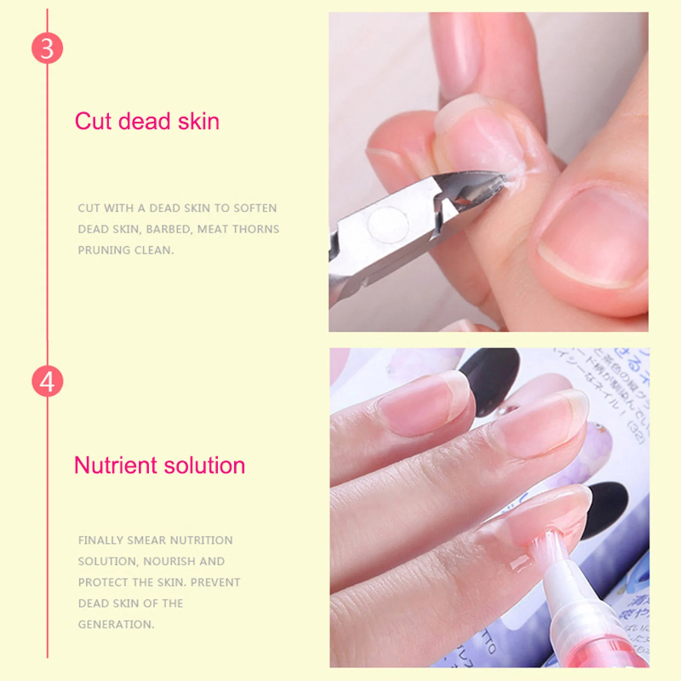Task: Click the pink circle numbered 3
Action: point(47,48)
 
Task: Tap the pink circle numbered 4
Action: point(47,381)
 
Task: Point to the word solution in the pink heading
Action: point(205,465)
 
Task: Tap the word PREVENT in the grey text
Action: point(215,582)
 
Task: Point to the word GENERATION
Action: point(116,624)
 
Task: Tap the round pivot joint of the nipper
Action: point(388,223)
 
